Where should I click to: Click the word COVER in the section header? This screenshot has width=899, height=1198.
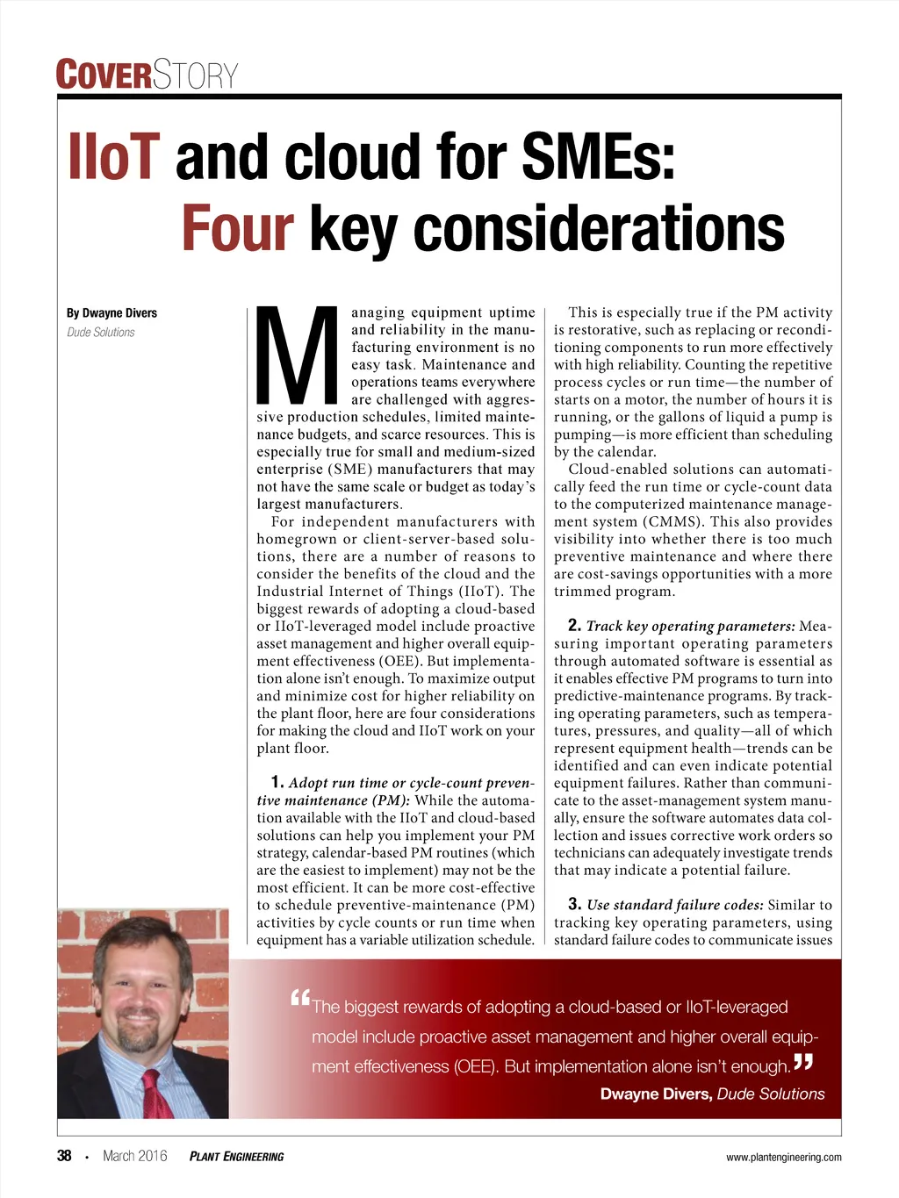(104, 75)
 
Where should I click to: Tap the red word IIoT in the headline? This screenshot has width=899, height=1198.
(114, 157)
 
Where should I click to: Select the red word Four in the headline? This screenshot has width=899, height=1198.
(237, 228)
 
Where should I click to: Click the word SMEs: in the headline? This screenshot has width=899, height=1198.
(599, 157)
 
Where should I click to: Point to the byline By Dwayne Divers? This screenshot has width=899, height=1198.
(111, 313)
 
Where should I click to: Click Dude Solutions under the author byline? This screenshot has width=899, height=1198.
(101, 333)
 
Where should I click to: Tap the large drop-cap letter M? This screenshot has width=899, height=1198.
(298, 354)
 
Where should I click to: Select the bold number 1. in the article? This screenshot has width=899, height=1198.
(277, 782)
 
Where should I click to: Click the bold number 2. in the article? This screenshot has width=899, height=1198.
(574, 626)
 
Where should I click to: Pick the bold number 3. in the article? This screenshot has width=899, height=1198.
(574, 904)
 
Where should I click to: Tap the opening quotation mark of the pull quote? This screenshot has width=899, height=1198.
(300, 998)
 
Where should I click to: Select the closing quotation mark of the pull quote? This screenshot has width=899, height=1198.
(802, 1062)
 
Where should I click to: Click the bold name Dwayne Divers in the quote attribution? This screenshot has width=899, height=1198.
(655, 1094)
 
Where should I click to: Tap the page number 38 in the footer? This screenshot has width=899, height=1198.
(64, 1156)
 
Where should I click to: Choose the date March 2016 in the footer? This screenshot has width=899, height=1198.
(134, 1156)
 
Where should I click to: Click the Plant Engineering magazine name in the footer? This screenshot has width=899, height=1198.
(236, 1157)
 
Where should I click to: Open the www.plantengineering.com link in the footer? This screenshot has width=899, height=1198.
(783, 1158)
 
